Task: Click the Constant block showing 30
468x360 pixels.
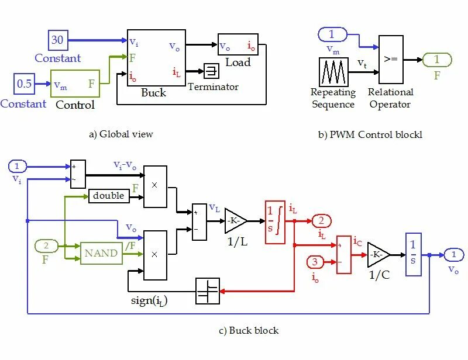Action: pos(58,40)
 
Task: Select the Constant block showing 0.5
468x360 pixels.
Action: pos(24,84)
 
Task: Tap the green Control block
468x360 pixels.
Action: pos(75,84)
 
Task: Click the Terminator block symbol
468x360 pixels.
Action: pos(212,71)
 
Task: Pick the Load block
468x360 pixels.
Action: pos(238,44)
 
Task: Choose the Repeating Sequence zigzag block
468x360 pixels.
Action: pos(333,72)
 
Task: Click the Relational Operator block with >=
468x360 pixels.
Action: pos(391,60)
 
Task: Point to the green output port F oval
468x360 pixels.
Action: pos(437,60)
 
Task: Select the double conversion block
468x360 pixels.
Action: pos(109,196)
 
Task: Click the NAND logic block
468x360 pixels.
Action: pos(101,253)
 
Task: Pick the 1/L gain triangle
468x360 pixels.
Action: pos(236,221)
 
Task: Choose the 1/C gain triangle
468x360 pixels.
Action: pos(378,255)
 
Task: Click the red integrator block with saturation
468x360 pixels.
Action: pos(275,223)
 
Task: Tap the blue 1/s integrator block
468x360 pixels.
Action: pos(414,254)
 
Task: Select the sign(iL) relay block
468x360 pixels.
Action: pos(208,291)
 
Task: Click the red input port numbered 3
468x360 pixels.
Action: pos(315,262)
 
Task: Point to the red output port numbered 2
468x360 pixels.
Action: pos(321,221)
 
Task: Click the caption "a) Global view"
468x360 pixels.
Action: pos(121,134)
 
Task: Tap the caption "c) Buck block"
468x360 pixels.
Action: pos(249,330)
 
